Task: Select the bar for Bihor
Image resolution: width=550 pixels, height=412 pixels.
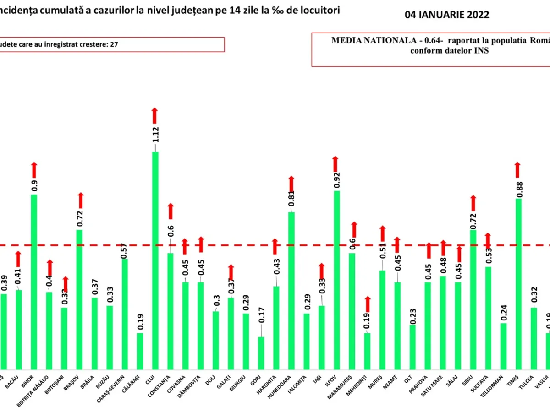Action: coord(34,282)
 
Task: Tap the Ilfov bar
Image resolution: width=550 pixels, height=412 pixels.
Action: coord(337,280)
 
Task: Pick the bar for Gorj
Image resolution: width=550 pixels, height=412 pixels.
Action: coord(261,352)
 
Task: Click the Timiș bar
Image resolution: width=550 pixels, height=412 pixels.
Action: coord(518,283)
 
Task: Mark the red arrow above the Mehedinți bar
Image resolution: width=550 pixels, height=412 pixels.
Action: coord(368,304)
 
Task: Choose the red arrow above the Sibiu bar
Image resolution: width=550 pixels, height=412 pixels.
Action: coord(473,203)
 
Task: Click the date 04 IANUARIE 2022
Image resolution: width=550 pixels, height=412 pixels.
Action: coord(447,15)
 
